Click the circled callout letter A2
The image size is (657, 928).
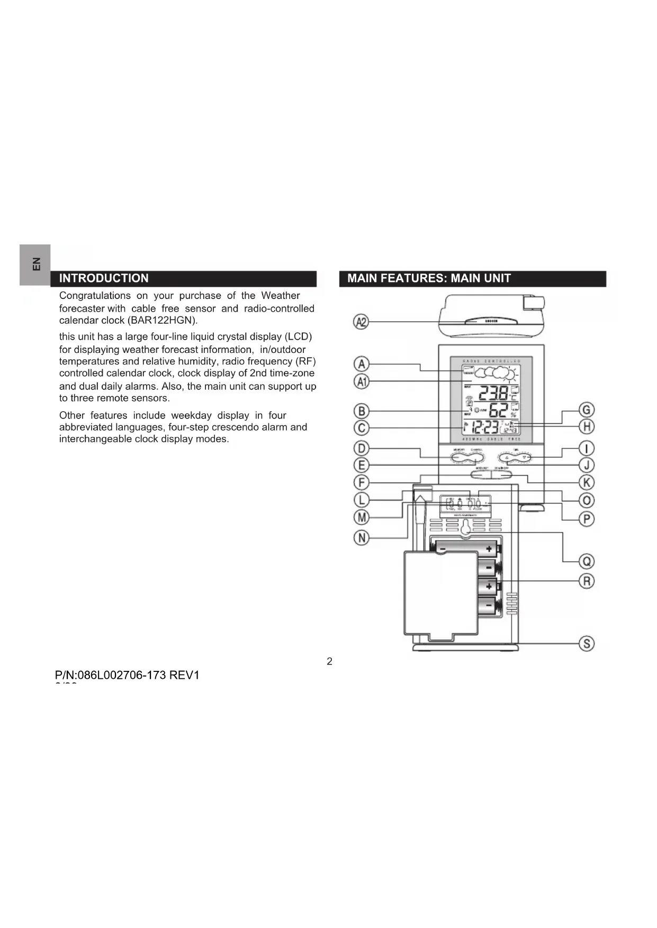pyautogui.click(x=361, y=322)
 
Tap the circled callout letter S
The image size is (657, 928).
pyautogui.click(x=586, y=643)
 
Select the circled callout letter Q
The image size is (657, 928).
pyautogui.click(x=586, y=561)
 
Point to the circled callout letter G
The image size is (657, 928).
pyautogui.click(x=586, y=410)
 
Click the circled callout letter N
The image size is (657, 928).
pyautogui.click(x=361, y=538)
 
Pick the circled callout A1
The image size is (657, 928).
pyautogui.click(x=361, y=381)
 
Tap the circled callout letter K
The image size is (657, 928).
pyautogui.click(x=586, y=482)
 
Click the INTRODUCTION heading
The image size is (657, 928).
pyautogui.click(x=104, y=278)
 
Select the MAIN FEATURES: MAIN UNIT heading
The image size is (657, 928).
pyautogui.click(x=429, y=278)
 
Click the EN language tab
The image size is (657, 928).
pyautogui.click(x=35, y=264)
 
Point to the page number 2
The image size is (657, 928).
pyautogui.click(x=329, y=661)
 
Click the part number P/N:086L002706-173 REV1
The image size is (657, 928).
pyautogui.click(x=127, y=675)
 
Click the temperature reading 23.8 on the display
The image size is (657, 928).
pyautogui.click(x=493, y=394)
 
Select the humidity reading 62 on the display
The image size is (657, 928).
pyautogui.click(x=498, y=411)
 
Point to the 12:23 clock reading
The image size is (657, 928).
pyautogui.click(x=484, y=427)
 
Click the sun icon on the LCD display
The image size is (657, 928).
pyautogui.click(x=509, y=374)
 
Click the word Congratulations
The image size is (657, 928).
pyautogui.click(x=95, y=296)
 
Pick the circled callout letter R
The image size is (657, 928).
pyautogui.click(x=586, y=580)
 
